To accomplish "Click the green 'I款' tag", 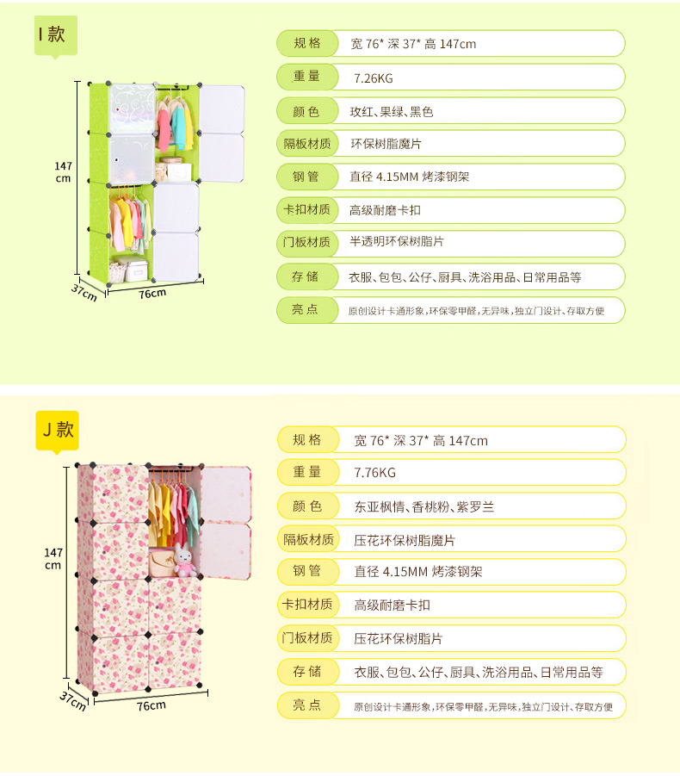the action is pos(56,35).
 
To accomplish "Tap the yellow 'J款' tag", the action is pos(57,429).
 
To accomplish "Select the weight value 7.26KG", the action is pos(373,78).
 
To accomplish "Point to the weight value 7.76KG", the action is pos(375,473).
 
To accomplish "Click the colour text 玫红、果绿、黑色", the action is pos(391,111).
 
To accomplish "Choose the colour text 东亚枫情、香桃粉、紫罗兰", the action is pos(424,506).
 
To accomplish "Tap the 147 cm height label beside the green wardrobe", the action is pos(63,171).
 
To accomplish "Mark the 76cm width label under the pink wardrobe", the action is pos(151,705).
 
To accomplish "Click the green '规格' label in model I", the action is pos(306,43).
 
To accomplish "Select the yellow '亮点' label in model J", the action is pos(306,705).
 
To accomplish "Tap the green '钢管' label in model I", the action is pos(306,177).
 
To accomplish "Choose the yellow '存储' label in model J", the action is pos(306,672).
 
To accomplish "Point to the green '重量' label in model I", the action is pos(306,77).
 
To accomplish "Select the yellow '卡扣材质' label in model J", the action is pos(306,605).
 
